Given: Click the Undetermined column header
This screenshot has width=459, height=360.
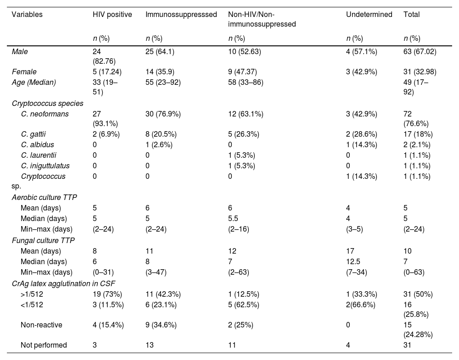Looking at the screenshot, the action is (x=369, y=14).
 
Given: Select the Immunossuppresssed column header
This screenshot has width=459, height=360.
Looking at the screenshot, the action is (x=181, y=14).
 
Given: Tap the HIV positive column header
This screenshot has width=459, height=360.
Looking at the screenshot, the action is (x=112, y=14).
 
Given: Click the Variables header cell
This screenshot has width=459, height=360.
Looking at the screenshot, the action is (x=27, y=14).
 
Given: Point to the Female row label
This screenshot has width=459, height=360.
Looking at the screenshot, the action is (x=24, y=72).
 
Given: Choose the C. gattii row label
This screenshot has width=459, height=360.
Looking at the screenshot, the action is (x=34, y=134).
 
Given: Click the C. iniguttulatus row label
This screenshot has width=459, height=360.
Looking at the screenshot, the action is (x=45, y=166).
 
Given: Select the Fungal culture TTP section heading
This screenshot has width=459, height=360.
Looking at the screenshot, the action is (x=43, y=240).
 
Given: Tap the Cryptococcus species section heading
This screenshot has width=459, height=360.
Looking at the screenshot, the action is (x=47, y=104).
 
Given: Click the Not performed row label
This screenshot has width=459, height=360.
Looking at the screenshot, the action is (x=44, y=345).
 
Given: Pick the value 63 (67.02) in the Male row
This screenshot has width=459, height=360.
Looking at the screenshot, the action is (x=420, y=52).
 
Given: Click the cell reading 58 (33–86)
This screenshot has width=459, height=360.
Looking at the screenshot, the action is (x=246, y=83).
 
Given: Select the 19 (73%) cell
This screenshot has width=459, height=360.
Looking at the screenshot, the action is (x=107, y=294).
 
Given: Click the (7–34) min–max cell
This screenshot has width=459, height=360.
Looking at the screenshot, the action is (x=356, y=272).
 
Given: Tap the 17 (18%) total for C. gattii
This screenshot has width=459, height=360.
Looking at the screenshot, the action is (x=418, y=134).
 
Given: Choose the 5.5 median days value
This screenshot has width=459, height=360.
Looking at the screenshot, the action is (x=233, y=218).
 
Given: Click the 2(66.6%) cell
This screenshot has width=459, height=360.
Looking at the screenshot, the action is (x=360, y=305).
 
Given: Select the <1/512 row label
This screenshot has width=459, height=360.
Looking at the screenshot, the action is (x=32, y=305).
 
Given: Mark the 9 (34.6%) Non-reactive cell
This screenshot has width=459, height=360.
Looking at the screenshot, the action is (x=161, y=325).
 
